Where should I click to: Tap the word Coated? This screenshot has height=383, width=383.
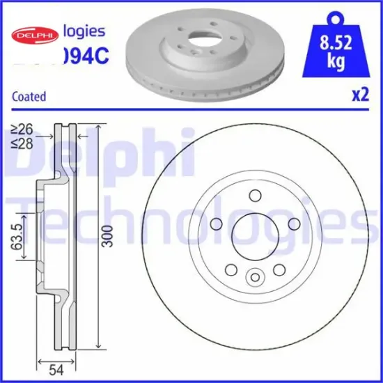(x=29, y=97)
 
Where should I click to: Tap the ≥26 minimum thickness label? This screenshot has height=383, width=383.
(x=22, y=130)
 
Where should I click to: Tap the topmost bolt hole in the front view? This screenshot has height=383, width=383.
(x=254, y=196)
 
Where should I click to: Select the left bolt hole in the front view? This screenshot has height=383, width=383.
(x=215, y=224)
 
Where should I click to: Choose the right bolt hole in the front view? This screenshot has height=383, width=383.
(x=293, y=224)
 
